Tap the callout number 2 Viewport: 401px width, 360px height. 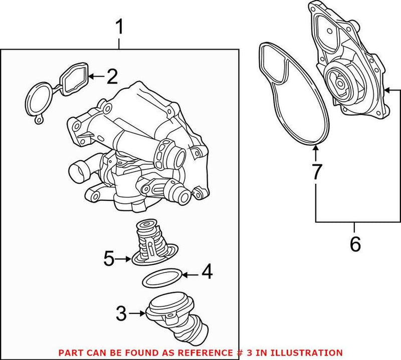coord(112,77)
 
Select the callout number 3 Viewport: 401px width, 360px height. coord(121,314)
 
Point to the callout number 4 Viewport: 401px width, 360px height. coord(207,274)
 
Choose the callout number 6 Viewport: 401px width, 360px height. coord(354,244)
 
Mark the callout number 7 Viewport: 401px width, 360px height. coord(316,171)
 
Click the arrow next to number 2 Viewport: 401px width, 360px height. coord(98,77)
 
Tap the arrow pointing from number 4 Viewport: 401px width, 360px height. coord(190,274)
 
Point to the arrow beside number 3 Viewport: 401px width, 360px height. coord(137,314)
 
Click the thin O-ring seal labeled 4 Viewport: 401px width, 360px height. coord(161,278)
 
